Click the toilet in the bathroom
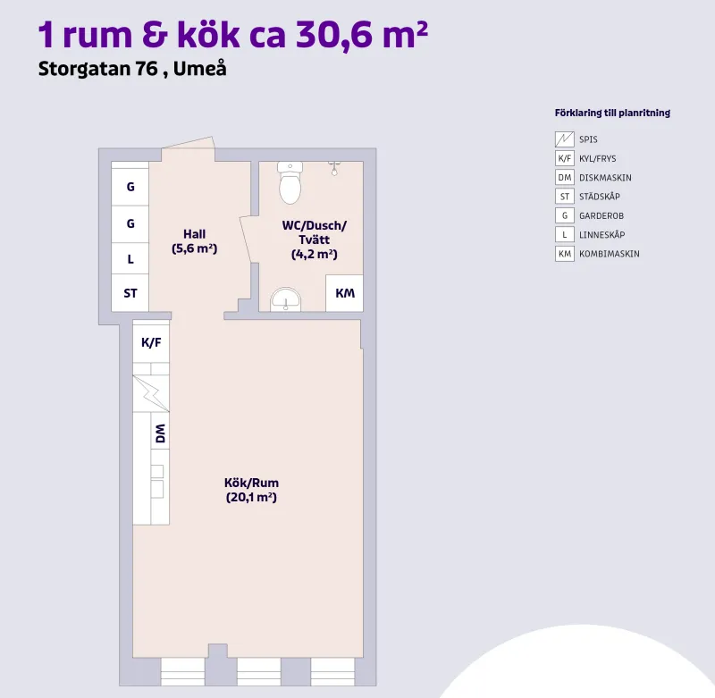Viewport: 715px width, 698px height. point(290,184)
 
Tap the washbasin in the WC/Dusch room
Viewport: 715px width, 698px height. point(286,299)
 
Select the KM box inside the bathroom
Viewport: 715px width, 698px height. point(344,293)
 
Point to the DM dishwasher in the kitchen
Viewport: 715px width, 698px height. point(160,435)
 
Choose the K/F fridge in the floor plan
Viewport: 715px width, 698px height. point(151,341)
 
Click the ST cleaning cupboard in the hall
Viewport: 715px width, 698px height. point(130,293)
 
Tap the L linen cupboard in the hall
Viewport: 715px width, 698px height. point(130,259)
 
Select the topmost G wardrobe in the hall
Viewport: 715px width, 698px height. point(130,188)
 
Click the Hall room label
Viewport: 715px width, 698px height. point(194,234)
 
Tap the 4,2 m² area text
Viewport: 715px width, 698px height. point(314,255)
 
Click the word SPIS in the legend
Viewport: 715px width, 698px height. point(588,139)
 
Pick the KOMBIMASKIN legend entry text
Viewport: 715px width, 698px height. point(609,254)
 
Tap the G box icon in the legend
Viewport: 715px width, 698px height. point(564,215)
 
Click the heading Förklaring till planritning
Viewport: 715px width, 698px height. point(612,114)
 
